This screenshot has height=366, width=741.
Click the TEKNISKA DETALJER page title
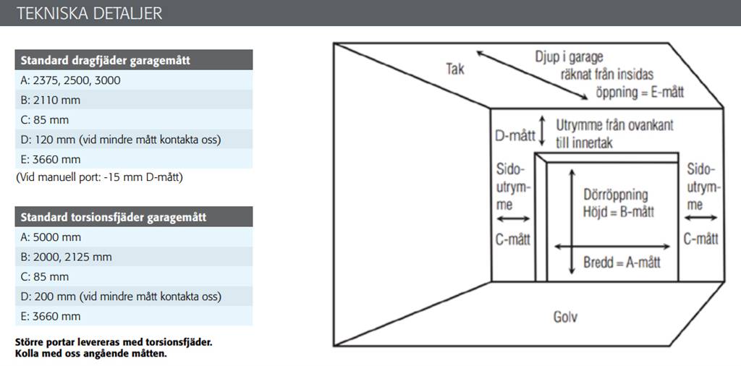pyautogui.click(x=89, y=13)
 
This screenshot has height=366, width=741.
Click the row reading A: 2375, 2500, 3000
pyautogui.click(x=134, y=80)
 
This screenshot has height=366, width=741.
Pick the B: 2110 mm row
pyautogui.click(x=134, y=100)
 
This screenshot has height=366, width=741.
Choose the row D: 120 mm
pyautogui.click(x=134, y=140)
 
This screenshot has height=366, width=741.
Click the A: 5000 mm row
pyautogui.click(x=134, y=237)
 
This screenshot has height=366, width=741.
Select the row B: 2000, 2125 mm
pyautogui.click(x=134, y=257)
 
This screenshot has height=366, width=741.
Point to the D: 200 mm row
pyautogui.click(x=134, y=297)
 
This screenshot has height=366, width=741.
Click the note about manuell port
pyautogui.click(x=98, y=178)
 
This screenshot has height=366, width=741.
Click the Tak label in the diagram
pyautogui.click(x=455, y=69)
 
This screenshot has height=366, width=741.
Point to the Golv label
pyautogui.click(x=565, y=316)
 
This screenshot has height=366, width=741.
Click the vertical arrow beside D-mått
pyautogui.click(x=543, y=130)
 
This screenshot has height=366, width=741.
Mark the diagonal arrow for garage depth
pyautogui.click(x=532, y=75)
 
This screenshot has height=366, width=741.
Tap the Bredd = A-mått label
pyautogui.click(x=622, y=263)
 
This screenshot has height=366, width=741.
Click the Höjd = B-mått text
pyautogui.click(x=619, y=212)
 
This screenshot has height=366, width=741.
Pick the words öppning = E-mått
pyautogui.click(x=640, y=92)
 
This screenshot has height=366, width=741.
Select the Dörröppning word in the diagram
pyautogui.click(x=616, y=195)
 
